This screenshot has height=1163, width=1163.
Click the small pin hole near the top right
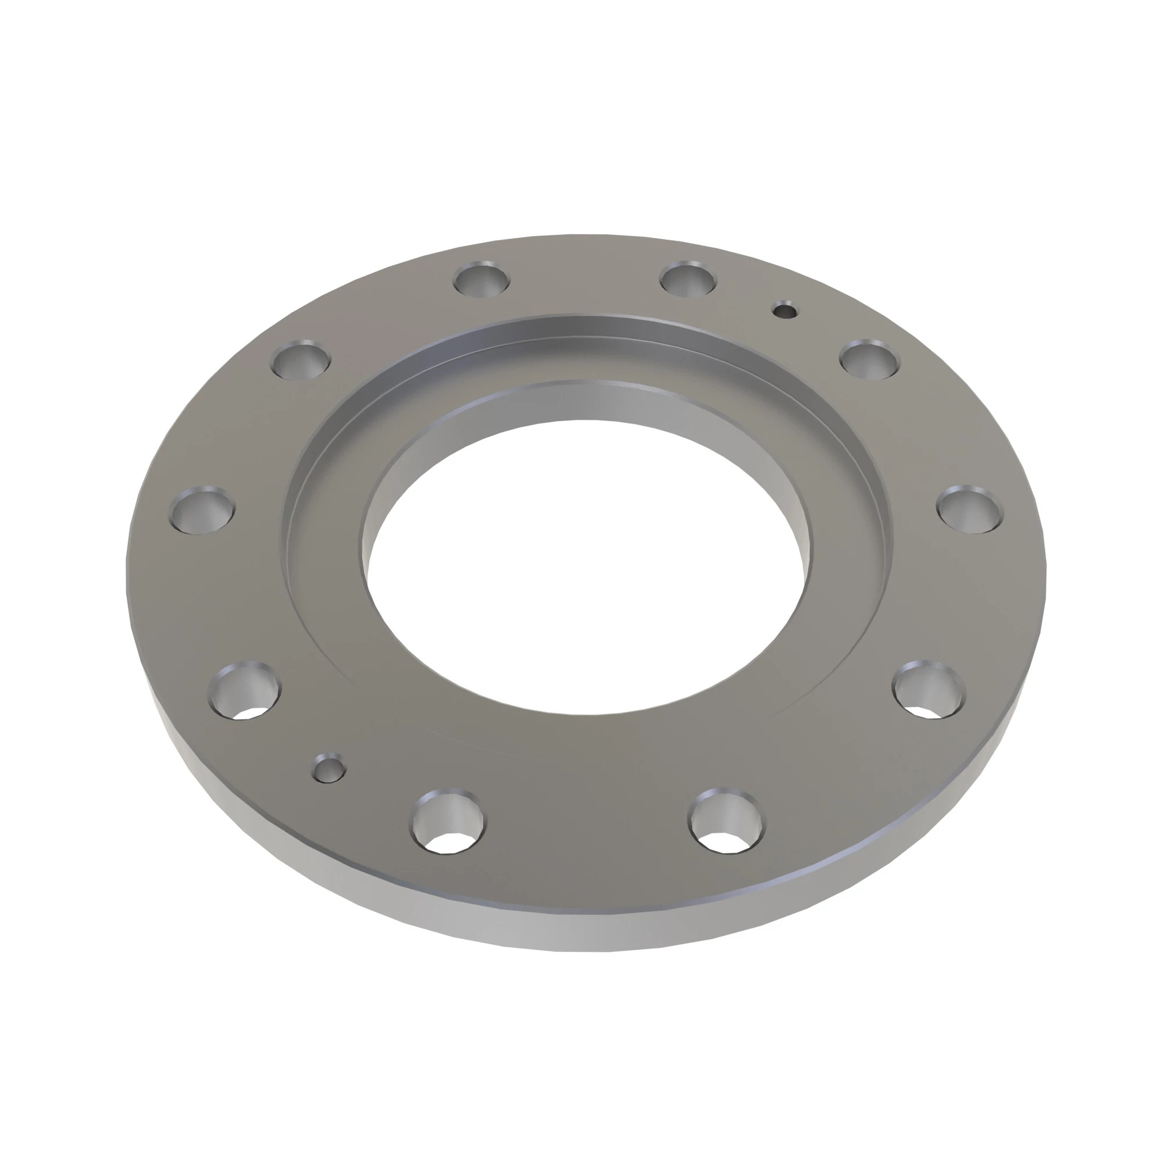[785, 311]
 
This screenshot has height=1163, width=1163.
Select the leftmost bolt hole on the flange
[203, 510]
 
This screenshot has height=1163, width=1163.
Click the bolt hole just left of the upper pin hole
[688, 279]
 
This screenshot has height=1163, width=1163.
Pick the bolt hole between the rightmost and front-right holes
[929, 691]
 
